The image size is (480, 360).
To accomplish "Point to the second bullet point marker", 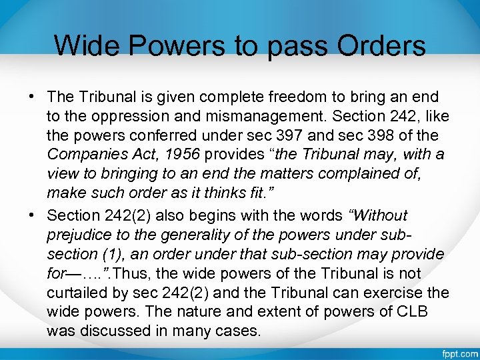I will click(x=32, y=215).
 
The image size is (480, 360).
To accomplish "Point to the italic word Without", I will click(x=382, y=215).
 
